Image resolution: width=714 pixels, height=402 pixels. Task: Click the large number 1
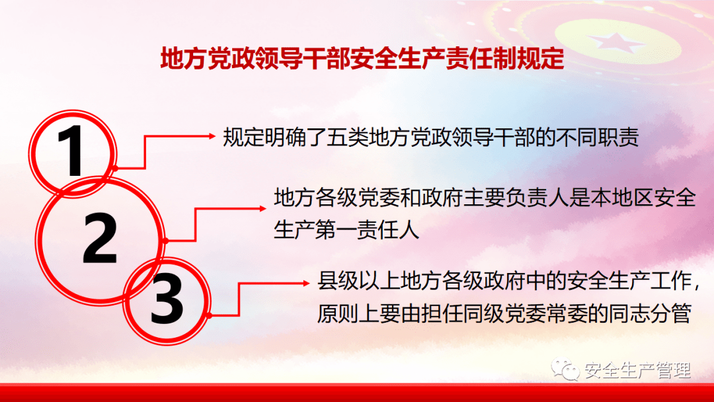click(73, 151)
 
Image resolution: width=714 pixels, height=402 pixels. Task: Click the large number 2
click(99, 237)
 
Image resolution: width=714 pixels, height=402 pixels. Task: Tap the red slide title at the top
click(362, 59)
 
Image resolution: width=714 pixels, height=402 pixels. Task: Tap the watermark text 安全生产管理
click(638, 371)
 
